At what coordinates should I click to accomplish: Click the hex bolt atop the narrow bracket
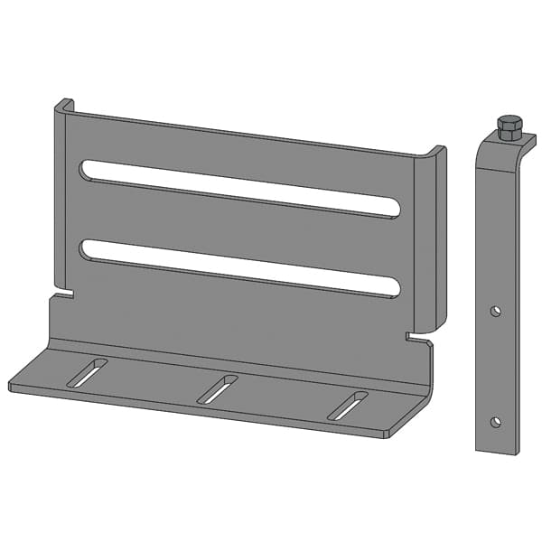point(509,127)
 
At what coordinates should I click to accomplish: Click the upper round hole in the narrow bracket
point(495,311)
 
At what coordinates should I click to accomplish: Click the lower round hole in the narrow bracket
point(495,421)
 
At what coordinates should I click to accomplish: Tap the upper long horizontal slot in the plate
point(239,188)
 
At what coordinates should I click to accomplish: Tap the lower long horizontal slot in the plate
point(239,267)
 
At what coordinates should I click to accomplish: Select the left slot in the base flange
point(87,372)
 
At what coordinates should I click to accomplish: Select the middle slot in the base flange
point(217,388)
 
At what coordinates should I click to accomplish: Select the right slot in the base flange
point(348,405)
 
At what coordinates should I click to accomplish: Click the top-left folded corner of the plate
point(62,107)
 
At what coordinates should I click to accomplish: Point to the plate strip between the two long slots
point(239,228)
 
